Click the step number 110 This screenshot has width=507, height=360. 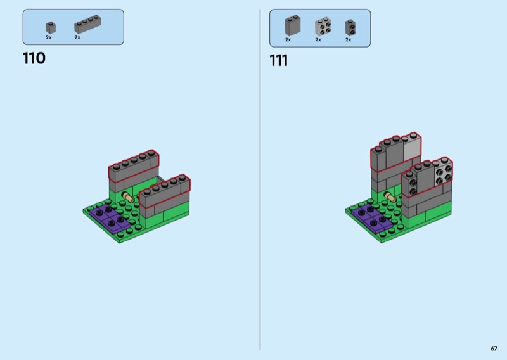pyautogui.click(x=34, y=58)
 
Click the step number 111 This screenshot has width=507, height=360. pyautogui.click(x=278, y=60)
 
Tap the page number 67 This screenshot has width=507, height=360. pyautogui.click(x=494, y=349)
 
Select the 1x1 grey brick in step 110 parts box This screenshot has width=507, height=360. pyautogui.click(x=51, y=28)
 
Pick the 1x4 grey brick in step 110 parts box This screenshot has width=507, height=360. pyautogui.click(x=87, y=24)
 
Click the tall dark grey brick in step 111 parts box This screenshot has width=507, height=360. pyautogui.click(x=293, y=25)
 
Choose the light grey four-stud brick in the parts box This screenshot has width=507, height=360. pyautogui.click(x=323, y=27)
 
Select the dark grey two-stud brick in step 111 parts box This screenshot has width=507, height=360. pyautogui.click(x=350, y=27)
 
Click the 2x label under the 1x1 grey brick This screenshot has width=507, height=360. pyautogui.click(x=49, y=37)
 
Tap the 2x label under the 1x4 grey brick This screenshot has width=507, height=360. pyautogui.click(x=77, y=37)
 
